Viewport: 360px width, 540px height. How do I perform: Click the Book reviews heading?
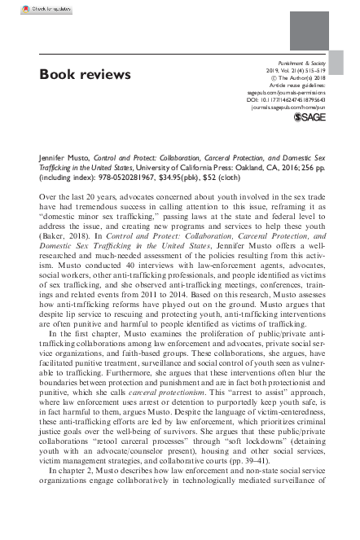coord(85,75)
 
